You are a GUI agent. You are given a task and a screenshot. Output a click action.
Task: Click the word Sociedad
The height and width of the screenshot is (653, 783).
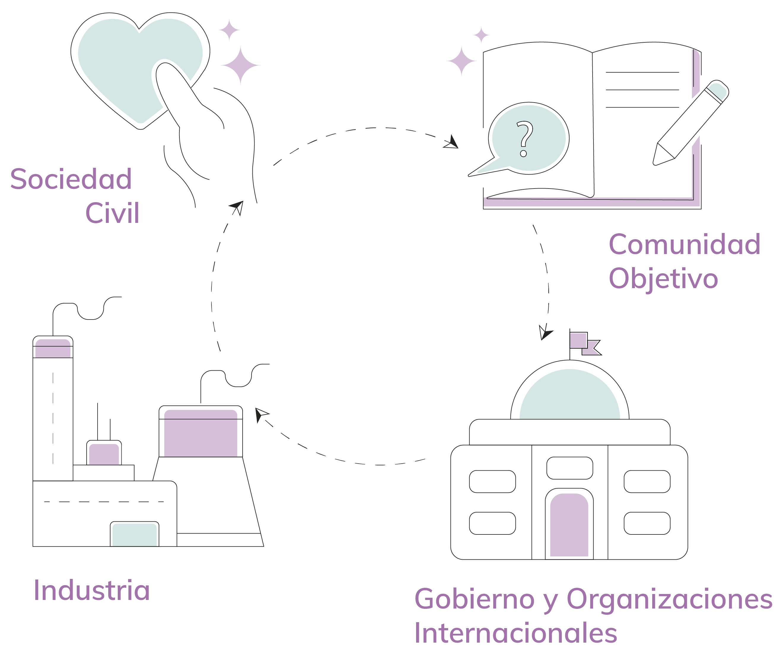tap(71, 179)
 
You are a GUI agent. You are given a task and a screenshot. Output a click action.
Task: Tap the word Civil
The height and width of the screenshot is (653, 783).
tap(112, 213)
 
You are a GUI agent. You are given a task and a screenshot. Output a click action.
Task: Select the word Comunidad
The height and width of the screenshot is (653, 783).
tap(684, 245)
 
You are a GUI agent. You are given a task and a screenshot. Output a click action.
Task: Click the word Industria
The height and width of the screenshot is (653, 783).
tap(92, 591)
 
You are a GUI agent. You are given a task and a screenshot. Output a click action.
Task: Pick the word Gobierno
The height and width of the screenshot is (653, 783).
tap(474, 599)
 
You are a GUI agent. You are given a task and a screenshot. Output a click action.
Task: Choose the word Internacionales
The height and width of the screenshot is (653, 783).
tap(516, 633)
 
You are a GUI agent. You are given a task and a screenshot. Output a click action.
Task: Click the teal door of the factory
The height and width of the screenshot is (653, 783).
tap(135, 535)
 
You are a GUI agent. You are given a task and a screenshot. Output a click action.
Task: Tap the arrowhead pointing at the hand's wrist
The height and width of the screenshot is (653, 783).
tap(238, 207)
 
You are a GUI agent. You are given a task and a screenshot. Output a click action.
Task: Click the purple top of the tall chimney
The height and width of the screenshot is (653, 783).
tap(53, 349)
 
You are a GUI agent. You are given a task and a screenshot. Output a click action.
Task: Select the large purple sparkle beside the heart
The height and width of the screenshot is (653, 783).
tap(240, 65)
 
